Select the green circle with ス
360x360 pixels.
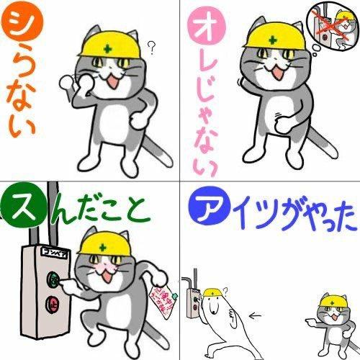pyautogui.click(x=21, y=206)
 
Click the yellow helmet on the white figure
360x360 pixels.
pyautogui.click(x=212, y=292)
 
